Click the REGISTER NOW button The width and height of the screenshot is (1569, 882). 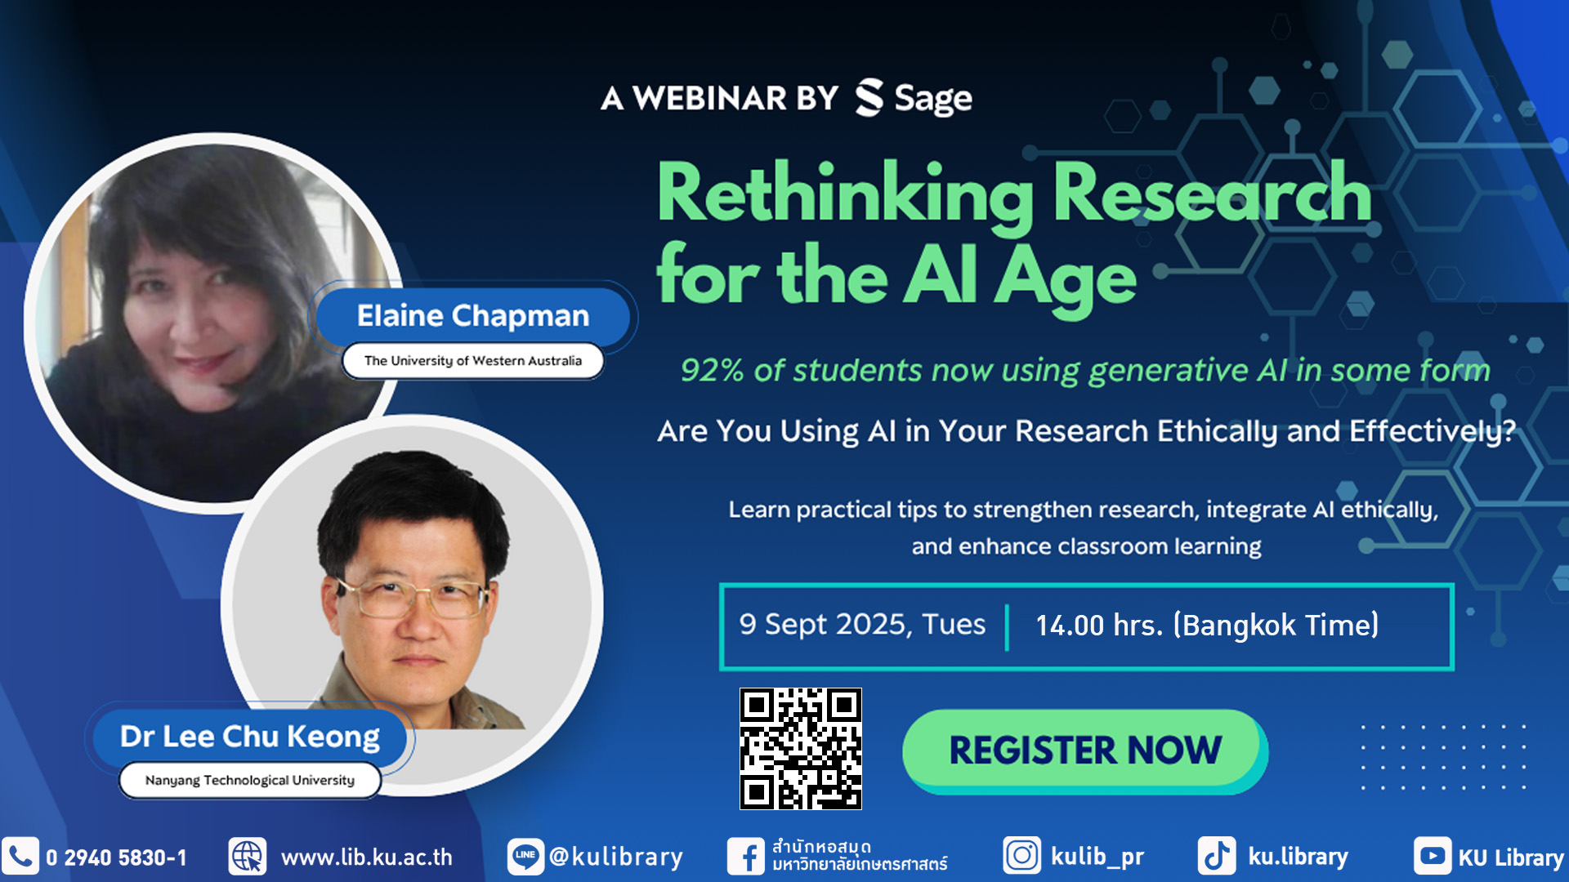click(1084, 750)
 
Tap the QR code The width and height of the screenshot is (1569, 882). click(801, 749)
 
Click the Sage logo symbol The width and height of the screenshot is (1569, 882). click(869, 98)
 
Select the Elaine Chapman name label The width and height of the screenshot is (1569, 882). click(472, 316)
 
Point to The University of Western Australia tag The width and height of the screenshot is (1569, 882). click(473, 361)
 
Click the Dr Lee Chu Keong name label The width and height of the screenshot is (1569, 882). click(250, 737)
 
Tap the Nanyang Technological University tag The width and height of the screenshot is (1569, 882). click(250, 780)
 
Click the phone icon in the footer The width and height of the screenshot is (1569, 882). click(20, 857)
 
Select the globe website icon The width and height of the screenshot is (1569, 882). click(248, 857)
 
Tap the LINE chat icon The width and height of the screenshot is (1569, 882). click(525, 857)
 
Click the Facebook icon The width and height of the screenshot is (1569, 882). click(746, 857)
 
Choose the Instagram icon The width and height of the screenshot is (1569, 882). click(1022, 856)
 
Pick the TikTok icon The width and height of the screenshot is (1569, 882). click(1217, 856)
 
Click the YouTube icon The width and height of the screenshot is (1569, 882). click(1433, 856)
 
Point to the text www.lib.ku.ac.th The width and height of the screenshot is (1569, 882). click(366, 857)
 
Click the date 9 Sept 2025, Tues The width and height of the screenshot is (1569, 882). click(862, 625)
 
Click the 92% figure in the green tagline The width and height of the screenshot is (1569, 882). click(712, 371)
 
